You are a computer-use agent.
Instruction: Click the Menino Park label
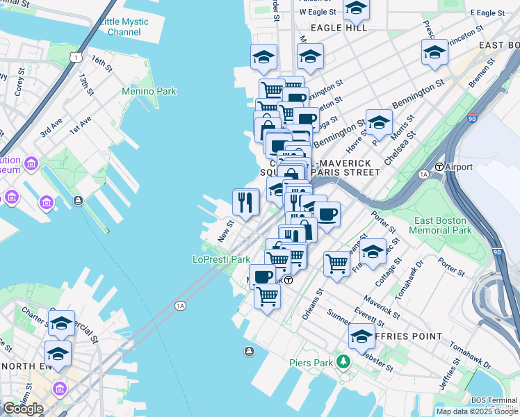click(x=149, y=91)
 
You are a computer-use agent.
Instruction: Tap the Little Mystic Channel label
click(x=124, y=27)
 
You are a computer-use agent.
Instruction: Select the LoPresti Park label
click(x=221, y=259)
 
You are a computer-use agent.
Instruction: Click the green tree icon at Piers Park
click(x=342, y=362)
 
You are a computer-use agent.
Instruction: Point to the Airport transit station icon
click(x=439, y=167)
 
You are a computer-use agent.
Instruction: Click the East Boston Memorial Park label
click(x=440, y=224)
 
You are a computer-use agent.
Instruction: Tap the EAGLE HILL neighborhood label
click(x=339, y=27)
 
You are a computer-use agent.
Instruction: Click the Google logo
click(x=23, y=408)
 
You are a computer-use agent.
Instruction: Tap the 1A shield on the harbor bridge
click(x=181, y=305)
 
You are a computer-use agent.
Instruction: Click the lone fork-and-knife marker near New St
click(x=245, y=202)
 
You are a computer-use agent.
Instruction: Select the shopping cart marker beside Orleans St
click(x=336, y=264)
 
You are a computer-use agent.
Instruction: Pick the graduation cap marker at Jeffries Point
click(x=361, y=336)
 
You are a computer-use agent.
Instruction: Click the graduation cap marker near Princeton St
click(x=434, y=52)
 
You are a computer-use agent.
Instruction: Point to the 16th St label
click(x=101, y=64)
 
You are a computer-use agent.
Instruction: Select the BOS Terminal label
click(x=494, y=400)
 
